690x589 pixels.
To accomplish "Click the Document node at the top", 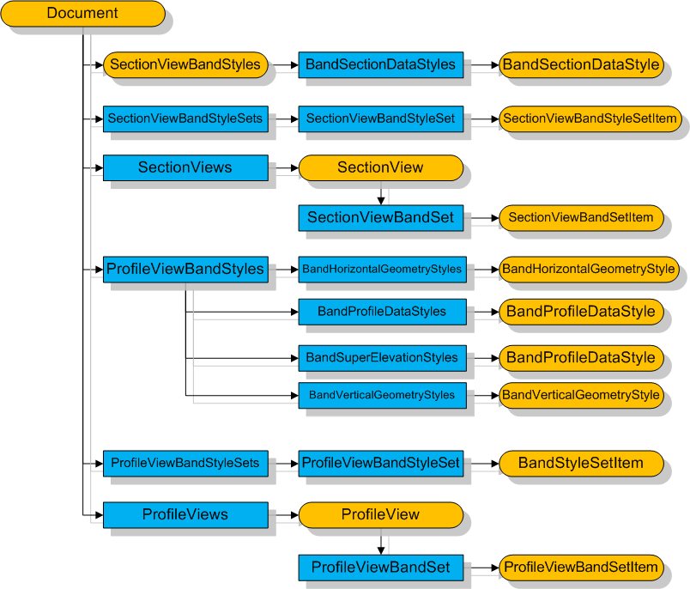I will (82, 14).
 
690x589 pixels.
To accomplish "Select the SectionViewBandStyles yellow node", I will (185, 64).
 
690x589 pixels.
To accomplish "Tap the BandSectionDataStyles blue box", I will (381, 64).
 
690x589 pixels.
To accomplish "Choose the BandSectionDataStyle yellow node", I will (581, 64).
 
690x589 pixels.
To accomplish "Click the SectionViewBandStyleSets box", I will (185, 118).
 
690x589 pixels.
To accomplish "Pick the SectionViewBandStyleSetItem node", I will (590, 118).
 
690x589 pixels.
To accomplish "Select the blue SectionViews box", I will (185, 167).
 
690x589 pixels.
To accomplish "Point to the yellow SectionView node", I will (380, 167).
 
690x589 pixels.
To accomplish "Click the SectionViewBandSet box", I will (380, 217).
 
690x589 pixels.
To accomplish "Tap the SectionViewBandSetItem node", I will (581, 218).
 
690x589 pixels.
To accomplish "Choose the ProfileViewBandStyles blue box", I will (185, 269).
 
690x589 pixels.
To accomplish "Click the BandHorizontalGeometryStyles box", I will (382, 270).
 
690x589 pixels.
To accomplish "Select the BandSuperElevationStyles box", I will (382, 357).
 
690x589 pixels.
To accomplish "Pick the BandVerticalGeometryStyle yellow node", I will (581, 395).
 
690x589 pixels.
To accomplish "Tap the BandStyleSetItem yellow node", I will (581, 464).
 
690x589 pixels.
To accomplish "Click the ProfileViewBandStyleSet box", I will (381, 464).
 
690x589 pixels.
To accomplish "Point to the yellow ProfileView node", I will (380, 514).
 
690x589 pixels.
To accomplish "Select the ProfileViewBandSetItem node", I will (581, 567).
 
